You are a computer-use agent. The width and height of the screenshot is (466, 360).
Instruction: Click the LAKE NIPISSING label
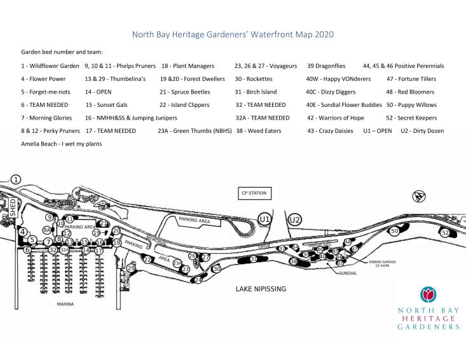click(x=261, y=289)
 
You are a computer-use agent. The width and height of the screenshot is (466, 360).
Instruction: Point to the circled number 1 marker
click(x=16, y=180)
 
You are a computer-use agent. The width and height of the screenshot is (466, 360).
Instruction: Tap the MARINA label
click(x=65, y=305)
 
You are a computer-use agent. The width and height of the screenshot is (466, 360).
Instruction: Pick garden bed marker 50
click(x=394, y=232)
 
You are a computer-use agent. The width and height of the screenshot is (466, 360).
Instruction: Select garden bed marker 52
click(x=445, y=233)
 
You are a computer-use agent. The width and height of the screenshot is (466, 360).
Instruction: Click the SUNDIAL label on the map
click(x=348, y=273)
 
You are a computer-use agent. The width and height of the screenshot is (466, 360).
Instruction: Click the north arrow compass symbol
click(x=418, y=195)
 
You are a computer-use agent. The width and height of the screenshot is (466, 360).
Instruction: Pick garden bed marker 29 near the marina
click(x=131, y=268)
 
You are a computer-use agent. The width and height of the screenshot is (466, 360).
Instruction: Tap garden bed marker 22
click(x=147, y=260)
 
